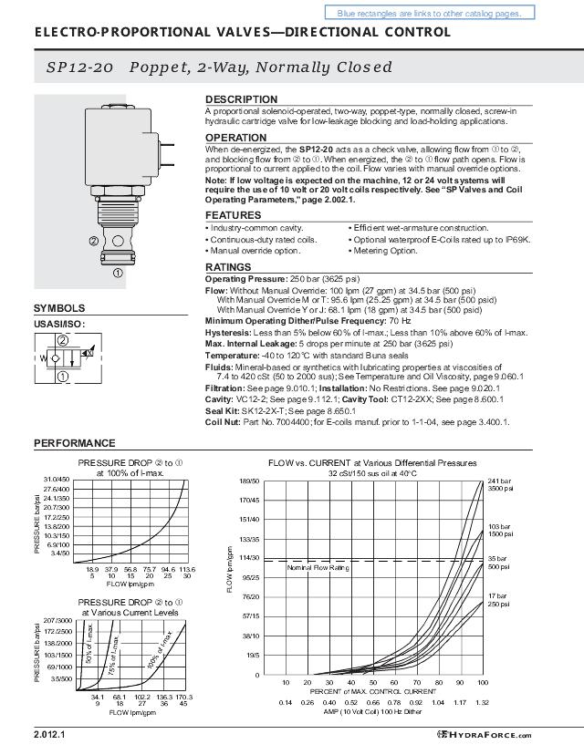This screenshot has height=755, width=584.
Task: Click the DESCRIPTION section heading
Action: point(241,99)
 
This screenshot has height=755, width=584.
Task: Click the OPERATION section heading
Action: point(235,138)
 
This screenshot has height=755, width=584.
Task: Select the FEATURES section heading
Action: point(233,215)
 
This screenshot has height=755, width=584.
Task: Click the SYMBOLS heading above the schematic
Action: point(59,308)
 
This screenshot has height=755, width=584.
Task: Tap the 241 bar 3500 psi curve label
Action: point(498,484)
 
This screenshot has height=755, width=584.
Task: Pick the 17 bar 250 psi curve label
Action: point(498,599)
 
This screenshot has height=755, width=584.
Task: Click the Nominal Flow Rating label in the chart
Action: point(318,567)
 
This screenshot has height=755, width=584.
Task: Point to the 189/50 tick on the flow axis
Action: point(250,481)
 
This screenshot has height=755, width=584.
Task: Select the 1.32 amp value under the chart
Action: point(482,702)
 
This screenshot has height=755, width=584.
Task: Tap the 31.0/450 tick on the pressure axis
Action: point(57,479)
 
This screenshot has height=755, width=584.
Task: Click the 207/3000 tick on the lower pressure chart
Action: point(57,620)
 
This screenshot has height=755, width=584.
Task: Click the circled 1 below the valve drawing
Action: point(117,272)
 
